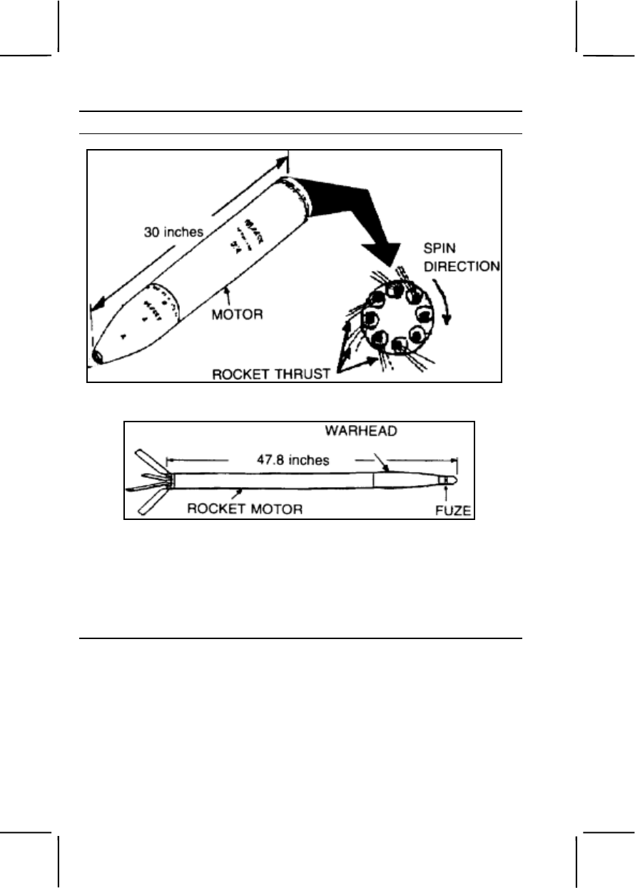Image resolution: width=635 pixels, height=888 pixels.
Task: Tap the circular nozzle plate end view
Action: [397, 317]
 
